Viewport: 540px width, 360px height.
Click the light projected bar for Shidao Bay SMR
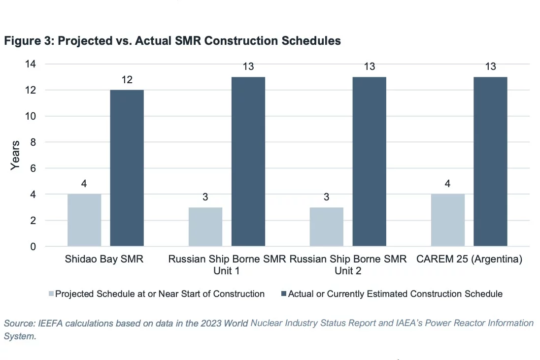coord(84,220)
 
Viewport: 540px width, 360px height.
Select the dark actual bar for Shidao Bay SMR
coord(127,168)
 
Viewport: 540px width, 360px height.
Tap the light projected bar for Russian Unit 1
coord(205,227)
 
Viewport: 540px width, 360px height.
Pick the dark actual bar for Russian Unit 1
coord(248,162)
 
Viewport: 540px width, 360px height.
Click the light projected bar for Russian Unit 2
coord(327,227)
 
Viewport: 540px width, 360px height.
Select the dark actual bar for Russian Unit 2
coord(369,162)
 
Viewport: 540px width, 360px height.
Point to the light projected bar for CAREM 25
coord(447,220)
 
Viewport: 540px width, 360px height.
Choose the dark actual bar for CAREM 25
coord(490,162)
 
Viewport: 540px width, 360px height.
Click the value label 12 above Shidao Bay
coord(127,79)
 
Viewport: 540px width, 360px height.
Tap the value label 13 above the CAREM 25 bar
coord(490,66)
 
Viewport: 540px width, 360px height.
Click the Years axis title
coord(16,155)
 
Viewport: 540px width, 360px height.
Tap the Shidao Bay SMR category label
coord(104,259)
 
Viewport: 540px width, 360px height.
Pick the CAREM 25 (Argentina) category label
coord(469,259)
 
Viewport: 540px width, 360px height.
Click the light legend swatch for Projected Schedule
coord(51,294)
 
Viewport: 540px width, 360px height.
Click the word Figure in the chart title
coord(22,41)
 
